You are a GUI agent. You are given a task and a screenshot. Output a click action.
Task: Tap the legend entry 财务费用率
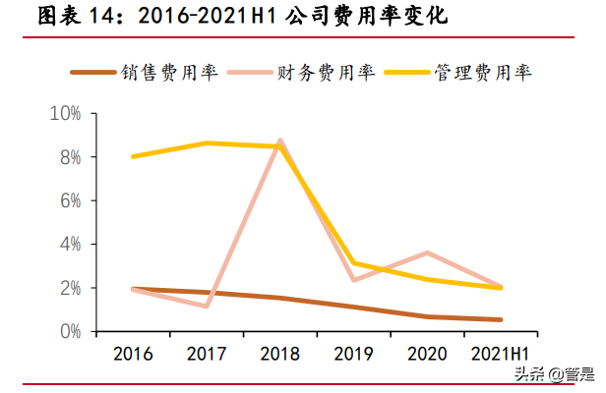pyautogui.click(x=340, y=73)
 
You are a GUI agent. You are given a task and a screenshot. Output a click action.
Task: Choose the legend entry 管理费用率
pyautogui.click(x=497, y=73)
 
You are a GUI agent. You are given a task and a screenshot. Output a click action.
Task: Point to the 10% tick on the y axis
pyautogui.click(x=65, y=114)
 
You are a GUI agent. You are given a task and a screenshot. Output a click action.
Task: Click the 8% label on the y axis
pyautogui.click(x=69, y=157)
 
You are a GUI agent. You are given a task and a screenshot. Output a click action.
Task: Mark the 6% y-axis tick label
pyautogui.click(x=69, y=200)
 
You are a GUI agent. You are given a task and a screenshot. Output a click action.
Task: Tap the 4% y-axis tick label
pyautogui.click(x=69, y=244)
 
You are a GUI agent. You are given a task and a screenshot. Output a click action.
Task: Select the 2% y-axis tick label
pyautogui.click(x=69, y=288)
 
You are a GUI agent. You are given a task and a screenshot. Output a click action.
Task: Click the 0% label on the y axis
pyautogui.click(x=69, y=331)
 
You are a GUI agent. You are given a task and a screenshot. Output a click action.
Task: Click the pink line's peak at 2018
pyautogui.click(x=280, y=141)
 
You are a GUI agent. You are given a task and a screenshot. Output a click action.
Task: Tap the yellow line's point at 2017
pyautogui.click(x=207, y=143)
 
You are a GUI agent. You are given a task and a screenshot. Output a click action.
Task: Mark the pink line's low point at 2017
pyautogui.click(x=207, y=306)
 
